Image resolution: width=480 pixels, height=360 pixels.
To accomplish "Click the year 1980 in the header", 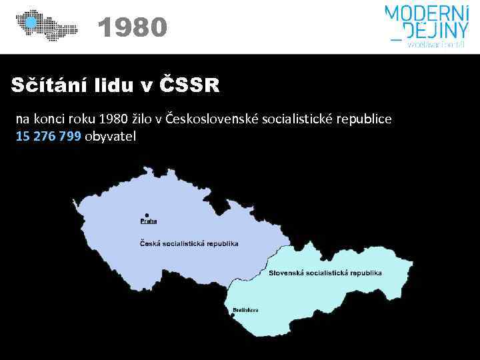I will point(131,28).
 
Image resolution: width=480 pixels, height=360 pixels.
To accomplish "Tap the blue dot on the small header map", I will point(29,23).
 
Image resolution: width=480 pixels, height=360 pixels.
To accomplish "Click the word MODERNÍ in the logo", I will point(426,13).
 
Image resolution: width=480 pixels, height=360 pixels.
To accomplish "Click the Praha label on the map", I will point(148,221).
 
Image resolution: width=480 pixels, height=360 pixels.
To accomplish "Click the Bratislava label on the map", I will point(246,310).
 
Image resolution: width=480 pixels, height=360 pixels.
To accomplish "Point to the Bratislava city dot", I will point(235,305).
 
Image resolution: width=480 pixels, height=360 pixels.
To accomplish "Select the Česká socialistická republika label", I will point(189,244).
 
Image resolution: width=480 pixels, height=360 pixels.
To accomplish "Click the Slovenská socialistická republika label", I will point(325,273).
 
